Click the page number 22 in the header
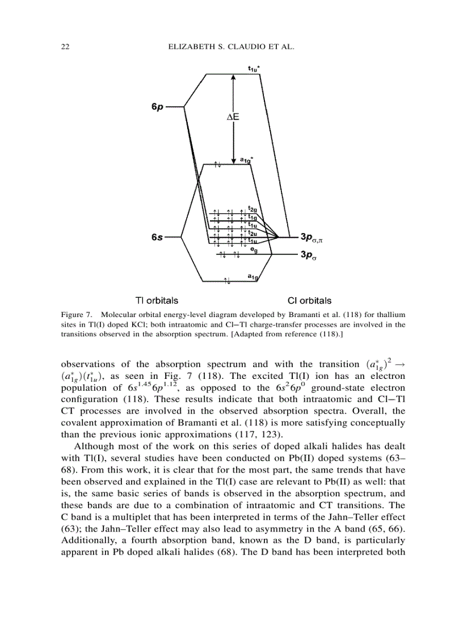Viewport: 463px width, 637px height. coord(65,48)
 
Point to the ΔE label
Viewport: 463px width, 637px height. coord(233,117)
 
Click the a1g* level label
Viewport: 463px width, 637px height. coord(246,161)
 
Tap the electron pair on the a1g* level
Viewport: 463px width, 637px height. coord(217,165)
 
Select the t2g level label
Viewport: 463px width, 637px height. coord(252,209)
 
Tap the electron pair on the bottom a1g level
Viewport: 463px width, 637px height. coord(227,281)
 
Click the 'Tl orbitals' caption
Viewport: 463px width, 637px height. coord(156,300)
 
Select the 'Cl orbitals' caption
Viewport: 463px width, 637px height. coord(309,301)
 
